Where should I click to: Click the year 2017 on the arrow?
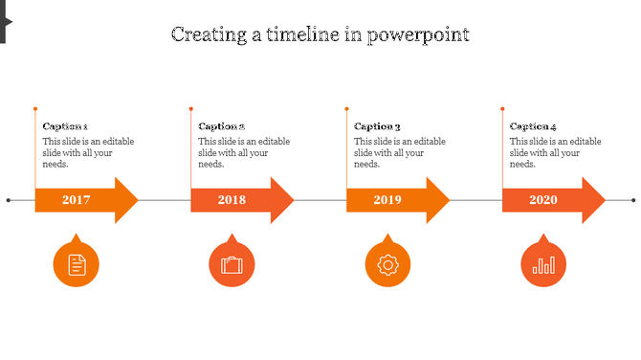76,200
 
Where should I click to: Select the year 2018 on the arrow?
232,200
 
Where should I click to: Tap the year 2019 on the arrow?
387,200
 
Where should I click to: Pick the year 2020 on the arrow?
542,200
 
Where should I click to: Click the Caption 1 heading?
65,126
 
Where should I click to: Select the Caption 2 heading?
222,126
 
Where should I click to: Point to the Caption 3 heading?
377,126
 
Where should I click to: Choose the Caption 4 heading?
533,126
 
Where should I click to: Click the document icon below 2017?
77,264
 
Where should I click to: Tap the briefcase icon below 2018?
232,264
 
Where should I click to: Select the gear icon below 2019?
387,264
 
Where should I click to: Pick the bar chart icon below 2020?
543,264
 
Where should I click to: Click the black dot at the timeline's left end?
9,200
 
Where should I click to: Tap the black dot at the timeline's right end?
632,200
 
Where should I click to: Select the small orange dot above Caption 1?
35,108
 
